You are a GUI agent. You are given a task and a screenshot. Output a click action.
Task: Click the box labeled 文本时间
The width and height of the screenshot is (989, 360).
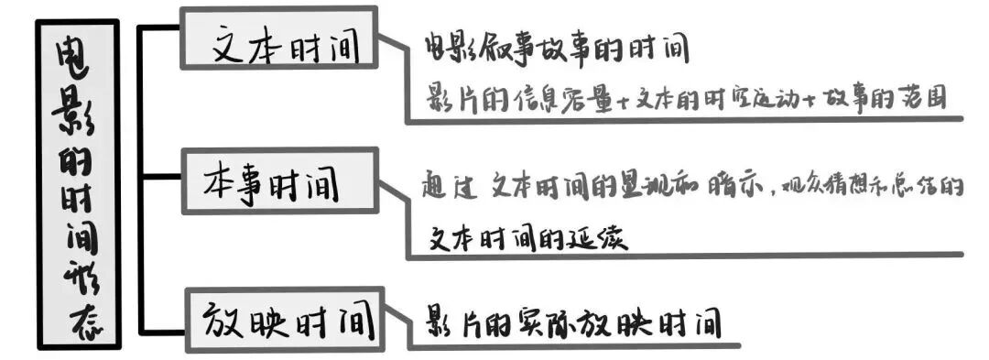279,38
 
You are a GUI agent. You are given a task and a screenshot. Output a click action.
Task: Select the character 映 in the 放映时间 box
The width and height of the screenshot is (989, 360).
269,320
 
